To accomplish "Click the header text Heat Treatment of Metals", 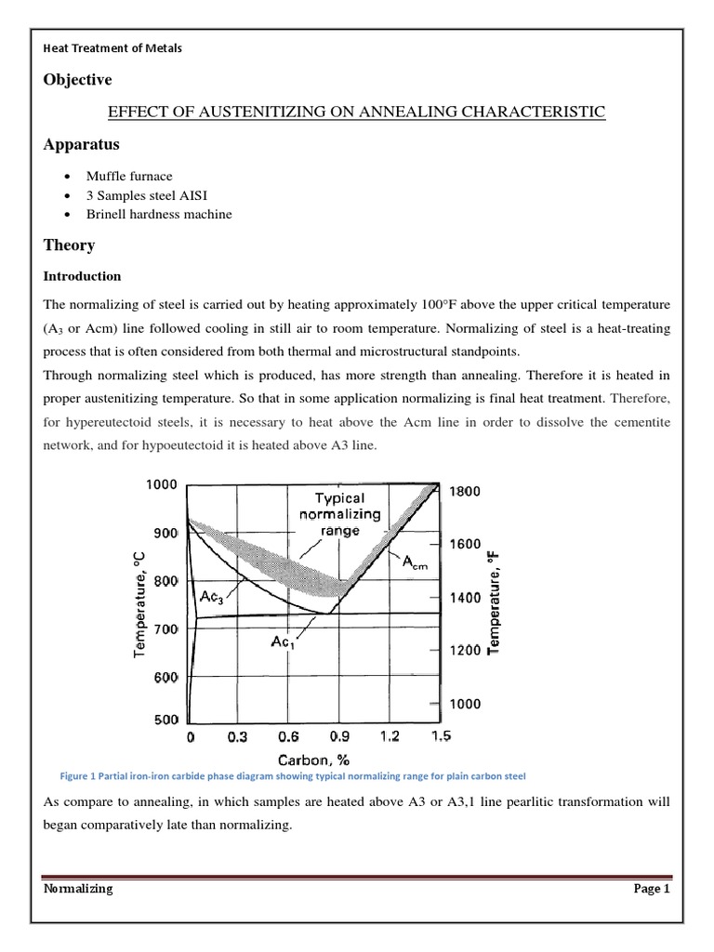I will click(113, 48).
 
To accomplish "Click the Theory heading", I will click(69, 245).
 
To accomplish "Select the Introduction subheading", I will click(83, 276).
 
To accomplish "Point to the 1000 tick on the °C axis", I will click(164, 483).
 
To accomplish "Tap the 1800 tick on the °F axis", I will click(465, 492).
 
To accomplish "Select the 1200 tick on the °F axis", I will click(465, 650).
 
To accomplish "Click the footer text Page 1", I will click(652, 888).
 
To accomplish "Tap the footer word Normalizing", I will click(79, 888).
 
